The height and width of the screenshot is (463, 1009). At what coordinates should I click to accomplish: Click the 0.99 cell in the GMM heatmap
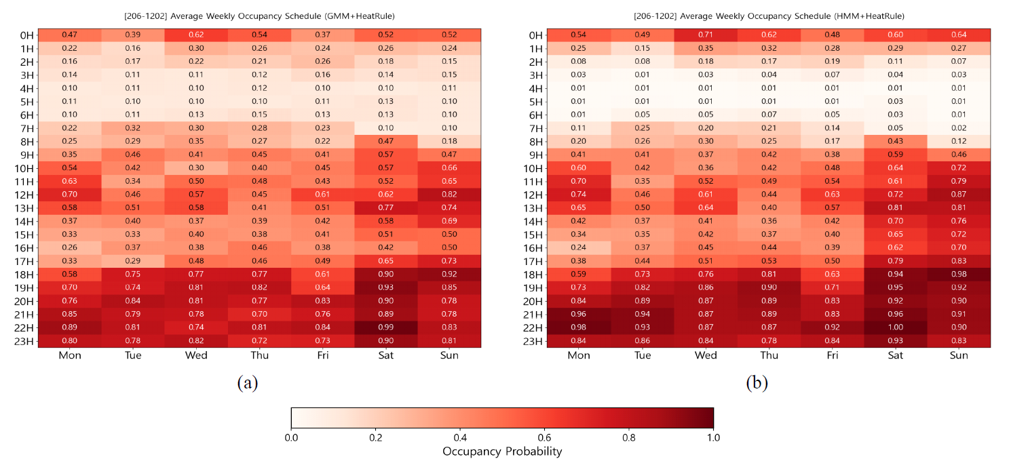click(386, 327)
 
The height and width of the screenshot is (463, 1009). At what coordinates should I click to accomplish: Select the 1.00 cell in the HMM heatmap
click(896, 327)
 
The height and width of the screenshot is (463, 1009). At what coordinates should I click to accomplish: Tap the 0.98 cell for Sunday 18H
click(959, 274)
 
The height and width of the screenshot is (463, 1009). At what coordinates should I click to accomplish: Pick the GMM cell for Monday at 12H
click(69, 194)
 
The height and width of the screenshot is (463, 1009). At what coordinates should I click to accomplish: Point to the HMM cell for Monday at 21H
click(579, 314)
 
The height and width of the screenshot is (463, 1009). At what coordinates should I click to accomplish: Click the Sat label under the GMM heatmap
click(386, 355)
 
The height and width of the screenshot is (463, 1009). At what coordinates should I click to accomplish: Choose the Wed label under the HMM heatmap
click(706, 355)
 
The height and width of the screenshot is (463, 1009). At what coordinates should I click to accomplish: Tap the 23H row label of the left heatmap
click(22, 341)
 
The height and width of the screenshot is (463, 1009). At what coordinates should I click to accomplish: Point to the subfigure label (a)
click(247, 383)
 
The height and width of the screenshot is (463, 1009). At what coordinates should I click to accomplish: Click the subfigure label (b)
click(757, 383)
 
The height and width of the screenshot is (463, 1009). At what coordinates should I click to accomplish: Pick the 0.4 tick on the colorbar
click(459, 437)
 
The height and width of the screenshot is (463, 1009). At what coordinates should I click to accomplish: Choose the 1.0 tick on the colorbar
click(713, 437)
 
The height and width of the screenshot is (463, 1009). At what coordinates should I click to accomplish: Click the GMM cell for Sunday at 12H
click(449, 194)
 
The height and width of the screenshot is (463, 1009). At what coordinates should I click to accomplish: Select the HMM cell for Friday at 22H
click(832, 327)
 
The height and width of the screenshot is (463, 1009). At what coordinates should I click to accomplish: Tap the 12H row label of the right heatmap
click(533, 195)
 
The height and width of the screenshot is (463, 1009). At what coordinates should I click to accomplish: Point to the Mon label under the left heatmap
click(69, 355)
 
